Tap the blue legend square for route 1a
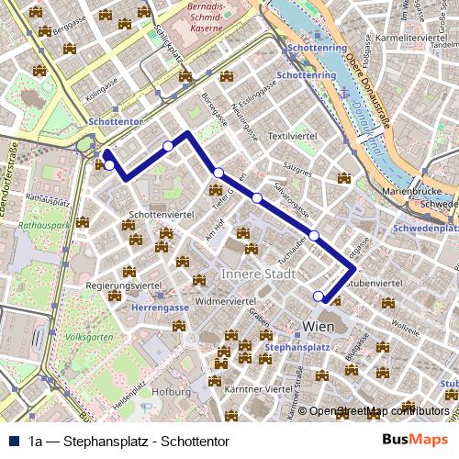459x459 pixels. (15, 441)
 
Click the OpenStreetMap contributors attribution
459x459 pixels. (378, 411)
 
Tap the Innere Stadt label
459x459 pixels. (257, 274)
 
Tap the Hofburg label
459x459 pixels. (172, 391)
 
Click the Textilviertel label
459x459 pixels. (292, 135)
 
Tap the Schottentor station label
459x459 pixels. (113, 121)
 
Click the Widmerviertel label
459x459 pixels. (225, 300)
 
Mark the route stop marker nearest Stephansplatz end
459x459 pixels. (319, 296)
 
